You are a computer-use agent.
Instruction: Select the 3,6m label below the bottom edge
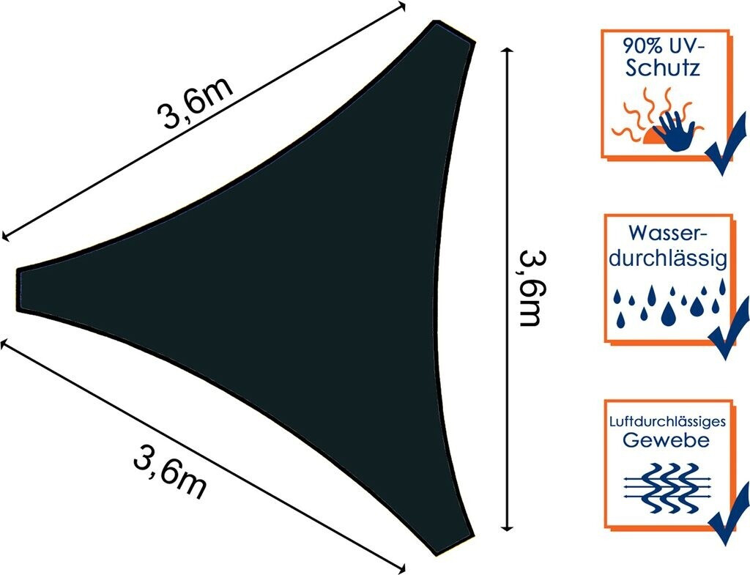pyautogui.click(x=171, y=472)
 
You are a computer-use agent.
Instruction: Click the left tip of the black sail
pyautogui.click(x=18, y=290)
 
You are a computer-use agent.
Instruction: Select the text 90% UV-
pyautogui.click(x=664, y=46)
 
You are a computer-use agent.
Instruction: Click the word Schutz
pyautogui.click(x=664, y=68)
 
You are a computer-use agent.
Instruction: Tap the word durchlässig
pyautogui.click(x=668, y=259)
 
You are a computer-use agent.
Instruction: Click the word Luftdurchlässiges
pyautogui.click(x=668, y=423)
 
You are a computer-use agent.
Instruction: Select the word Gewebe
pyautogui.click(x=667, y=440)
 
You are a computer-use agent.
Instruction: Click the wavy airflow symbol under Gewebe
pyautogui.click(x=668, y=487)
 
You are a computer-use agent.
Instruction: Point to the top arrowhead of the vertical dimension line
pyautogui.click(x=507, y=50)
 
